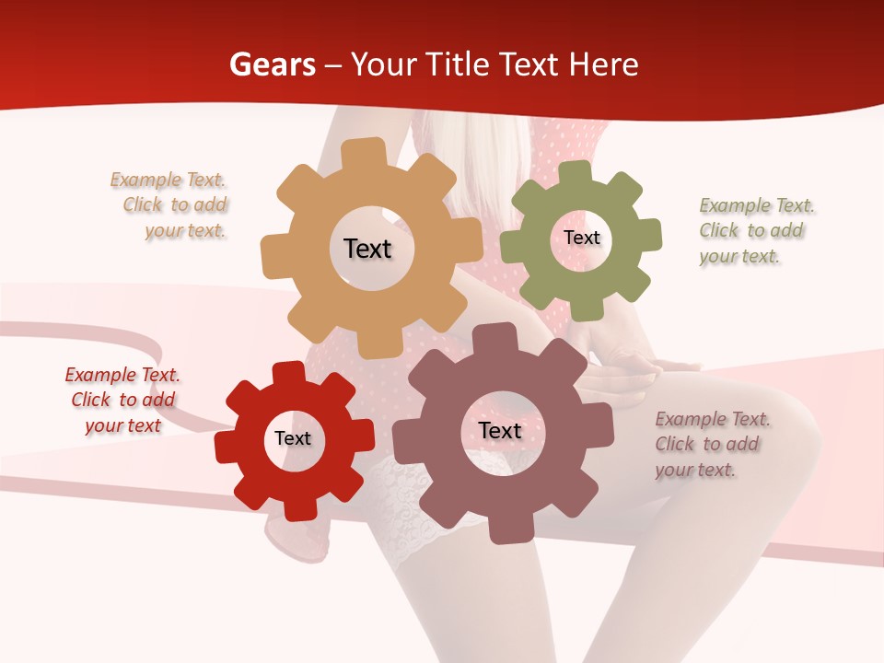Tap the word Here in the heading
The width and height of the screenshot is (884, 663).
[603, 64]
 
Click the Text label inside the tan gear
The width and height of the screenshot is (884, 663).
[367, 249]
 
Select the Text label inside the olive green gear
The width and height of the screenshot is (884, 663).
[581, 238]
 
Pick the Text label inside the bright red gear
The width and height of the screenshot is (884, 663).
[293, 439]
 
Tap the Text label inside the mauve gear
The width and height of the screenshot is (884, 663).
[499, 431]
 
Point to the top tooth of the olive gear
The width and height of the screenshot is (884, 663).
[576, 172]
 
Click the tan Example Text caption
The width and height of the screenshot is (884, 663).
[169, 205]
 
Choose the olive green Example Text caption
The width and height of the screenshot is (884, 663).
[756, 230]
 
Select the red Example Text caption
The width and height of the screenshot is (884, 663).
[122, 400]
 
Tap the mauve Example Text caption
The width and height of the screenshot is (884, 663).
[712, 444]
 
